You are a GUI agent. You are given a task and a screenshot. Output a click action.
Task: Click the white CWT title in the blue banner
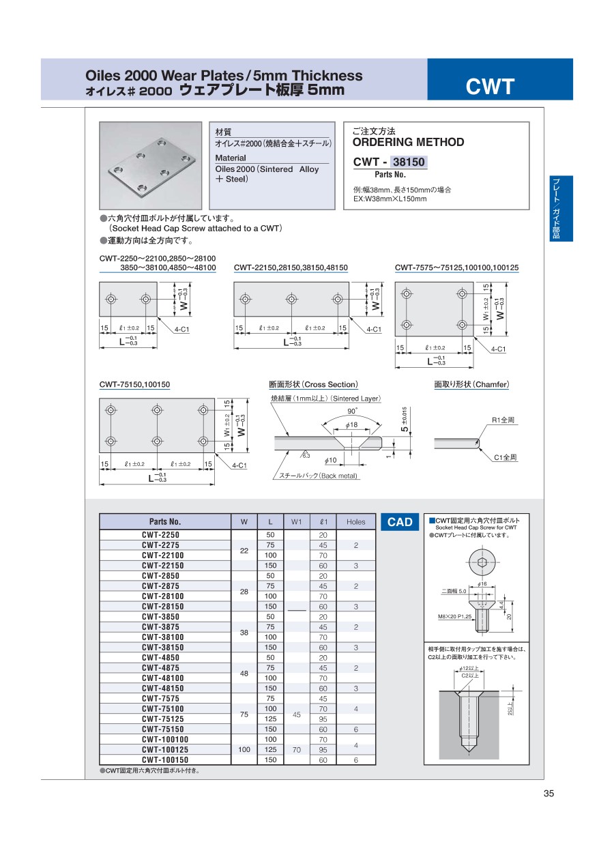point(490,87)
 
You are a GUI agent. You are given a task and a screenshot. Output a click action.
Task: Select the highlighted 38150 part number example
point(409,162)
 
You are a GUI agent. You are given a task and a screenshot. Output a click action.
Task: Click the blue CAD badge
point(400,522)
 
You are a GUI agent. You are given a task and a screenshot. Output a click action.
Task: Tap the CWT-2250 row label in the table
point(161,535)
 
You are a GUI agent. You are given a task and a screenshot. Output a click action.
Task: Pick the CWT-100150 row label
point(161,759)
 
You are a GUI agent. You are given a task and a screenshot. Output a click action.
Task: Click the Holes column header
point(355,522)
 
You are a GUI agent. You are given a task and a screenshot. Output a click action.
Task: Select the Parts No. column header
point(165,522)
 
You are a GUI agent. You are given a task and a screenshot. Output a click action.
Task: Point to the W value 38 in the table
point(244,633)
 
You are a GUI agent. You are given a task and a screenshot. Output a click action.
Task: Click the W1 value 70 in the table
point(297,749)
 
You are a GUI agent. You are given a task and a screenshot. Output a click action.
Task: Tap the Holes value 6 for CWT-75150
point(355,729)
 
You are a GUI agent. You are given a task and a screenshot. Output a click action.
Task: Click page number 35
point(549,793)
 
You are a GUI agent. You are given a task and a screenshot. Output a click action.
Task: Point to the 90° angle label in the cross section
point(352,411)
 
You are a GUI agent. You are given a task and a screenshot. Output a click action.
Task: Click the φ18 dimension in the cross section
point(352,425)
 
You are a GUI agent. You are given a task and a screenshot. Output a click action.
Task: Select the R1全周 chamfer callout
point(503,420)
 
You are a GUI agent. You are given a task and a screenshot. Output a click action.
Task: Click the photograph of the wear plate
point(150,165)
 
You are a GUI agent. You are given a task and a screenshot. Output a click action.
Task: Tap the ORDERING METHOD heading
point(408,142)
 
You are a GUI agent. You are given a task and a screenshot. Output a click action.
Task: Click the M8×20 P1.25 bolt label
point(454,616)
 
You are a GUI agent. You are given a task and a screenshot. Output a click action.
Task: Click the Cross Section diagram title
point(313,385)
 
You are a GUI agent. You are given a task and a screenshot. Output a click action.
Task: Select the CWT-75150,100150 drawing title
point(134,385)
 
